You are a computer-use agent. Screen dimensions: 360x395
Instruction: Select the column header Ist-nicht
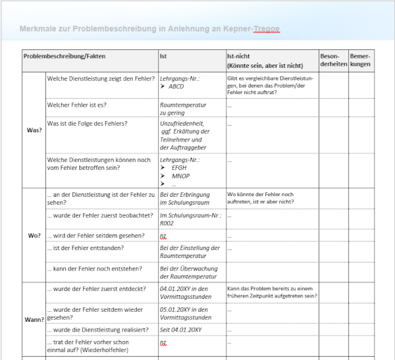[238, 57]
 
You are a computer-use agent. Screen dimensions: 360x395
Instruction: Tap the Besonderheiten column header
[332, 61]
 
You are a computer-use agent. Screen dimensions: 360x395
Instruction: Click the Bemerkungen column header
[361, 61]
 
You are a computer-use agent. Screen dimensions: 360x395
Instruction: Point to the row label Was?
[34, 130]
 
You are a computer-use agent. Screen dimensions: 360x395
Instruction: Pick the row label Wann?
[34, 319]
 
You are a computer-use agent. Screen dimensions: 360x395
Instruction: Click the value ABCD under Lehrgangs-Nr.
[176, 87]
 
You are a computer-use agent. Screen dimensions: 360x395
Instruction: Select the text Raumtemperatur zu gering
[183, 109]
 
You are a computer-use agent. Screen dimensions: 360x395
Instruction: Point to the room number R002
[169, 223]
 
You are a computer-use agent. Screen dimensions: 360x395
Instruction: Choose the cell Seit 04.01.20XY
[181, 329]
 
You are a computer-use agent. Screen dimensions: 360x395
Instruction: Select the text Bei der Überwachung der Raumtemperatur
[188, 272]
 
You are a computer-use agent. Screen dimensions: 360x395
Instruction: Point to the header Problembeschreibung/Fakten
[65, 57]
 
